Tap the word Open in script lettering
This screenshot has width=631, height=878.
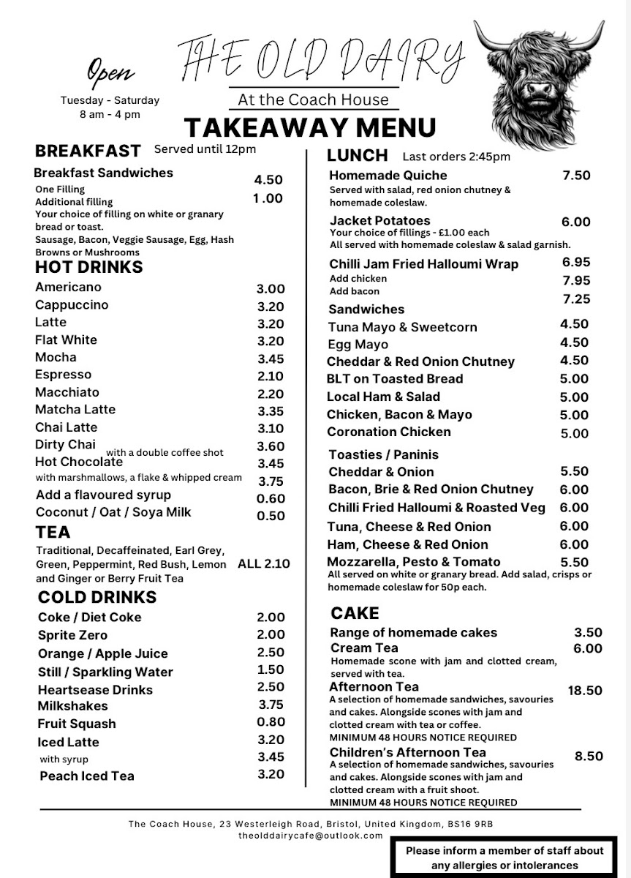tap(110, 72)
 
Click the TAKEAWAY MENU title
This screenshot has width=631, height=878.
tap(309, 127)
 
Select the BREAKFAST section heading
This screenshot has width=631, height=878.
tap(88, 151)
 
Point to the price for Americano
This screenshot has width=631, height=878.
tap(271, 289)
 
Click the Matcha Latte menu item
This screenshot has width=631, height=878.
tap(75, 410)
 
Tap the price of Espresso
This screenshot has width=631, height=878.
tap(271, 376)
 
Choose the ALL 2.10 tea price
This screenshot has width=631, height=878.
tap(263, 564)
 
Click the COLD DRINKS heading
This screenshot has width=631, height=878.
tap(97, 597)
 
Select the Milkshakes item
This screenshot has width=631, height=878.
tap(73, 706)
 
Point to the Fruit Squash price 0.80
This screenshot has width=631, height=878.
tap(271, 722)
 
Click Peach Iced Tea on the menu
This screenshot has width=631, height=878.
tap(87, 776)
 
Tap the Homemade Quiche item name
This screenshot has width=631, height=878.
tap(388, 176)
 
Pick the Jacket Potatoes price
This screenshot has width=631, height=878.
tap(575, 222)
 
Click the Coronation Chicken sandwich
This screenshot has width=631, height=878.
tap(389, 432)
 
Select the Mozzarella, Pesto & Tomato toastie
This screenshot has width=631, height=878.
tap(414, 562)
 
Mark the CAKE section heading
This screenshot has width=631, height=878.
tap(355, 613)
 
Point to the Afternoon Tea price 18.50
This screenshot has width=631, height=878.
tap(585, 691)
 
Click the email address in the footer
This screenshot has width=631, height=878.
tap(311, 836)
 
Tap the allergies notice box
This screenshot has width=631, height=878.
tap(505, 858)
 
